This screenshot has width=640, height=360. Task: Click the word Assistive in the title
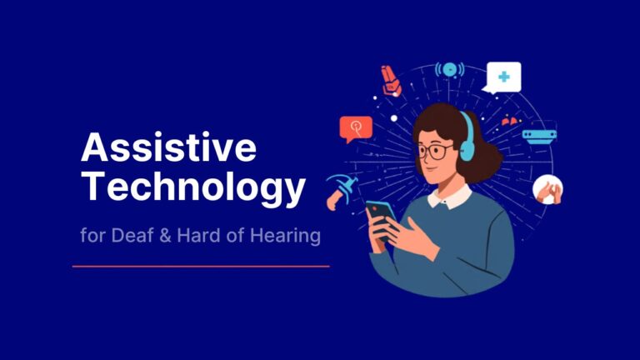pos(167,149)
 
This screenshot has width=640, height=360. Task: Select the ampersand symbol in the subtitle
pos(166,236)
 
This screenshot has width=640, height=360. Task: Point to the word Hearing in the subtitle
pos(287,236)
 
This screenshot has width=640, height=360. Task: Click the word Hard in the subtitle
pos(197,236)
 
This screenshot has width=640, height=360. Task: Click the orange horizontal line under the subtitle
pos(200,267)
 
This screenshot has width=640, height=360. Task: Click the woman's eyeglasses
pos(434,152)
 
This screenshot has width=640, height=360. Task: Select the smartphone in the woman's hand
pos(382,219)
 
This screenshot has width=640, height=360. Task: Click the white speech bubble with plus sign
pos(502,77)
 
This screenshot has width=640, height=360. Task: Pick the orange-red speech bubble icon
pos(356,128)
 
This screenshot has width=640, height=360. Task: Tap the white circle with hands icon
pos(547,190)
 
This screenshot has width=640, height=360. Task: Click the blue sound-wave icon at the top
pos(449,69)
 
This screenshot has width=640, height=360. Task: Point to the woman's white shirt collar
pos(450,197)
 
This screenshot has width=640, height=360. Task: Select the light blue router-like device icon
pos(539,136)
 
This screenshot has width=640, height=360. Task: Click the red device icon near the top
pos(390,79)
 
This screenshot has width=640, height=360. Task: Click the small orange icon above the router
pos(510,122)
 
